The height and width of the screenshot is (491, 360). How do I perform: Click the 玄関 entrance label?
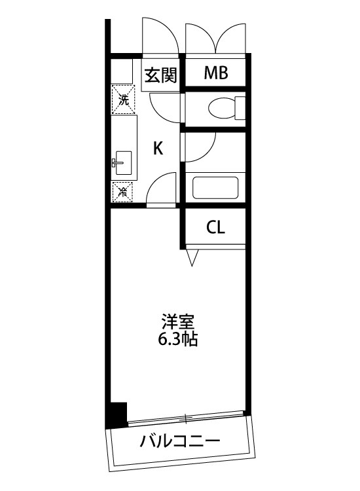pos(160,76)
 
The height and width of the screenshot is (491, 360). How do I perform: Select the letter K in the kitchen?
pos(158,148)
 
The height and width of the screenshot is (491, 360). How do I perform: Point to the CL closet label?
pos(215,228)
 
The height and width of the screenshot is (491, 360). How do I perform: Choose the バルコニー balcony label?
pos(179,441)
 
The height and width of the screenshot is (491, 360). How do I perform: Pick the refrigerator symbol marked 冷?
pos(122,192)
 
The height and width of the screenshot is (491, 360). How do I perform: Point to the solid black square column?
pos(117,414)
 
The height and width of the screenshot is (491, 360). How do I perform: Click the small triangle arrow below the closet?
pos(192,257)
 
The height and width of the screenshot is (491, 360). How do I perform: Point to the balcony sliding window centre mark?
pos(186,417)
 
